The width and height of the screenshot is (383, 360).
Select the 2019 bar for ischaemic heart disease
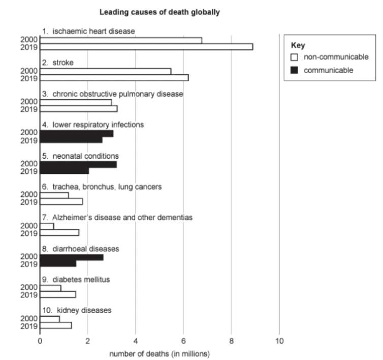click(x=146, y=47)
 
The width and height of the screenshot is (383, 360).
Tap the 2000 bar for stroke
click(x=106, y=71)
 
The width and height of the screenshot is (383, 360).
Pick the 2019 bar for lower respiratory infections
click(x=71, y=140)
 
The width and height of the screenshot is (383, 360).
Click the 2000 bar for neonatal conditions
click(x=78, y=164)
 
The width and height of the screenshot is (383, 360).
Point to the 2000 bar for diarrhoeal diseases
click(x=72, y=257)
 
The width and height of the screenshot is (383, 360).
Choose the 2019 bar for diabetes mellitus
click(x=58, y=294)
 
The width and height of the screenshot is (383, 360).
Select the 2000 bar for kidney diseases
click(x=50, y=319)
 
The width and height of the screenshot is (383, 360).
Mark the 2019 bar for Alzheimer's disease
click(x=59, y=232)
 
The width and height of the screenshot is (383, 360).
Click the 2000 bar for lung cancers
click(x=54, y=195)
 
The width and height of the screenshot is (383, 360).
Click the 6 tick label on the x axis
click(x=183, y=341)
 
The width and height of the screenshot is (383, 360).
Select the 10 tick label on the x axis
click(x=279, y=341)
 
